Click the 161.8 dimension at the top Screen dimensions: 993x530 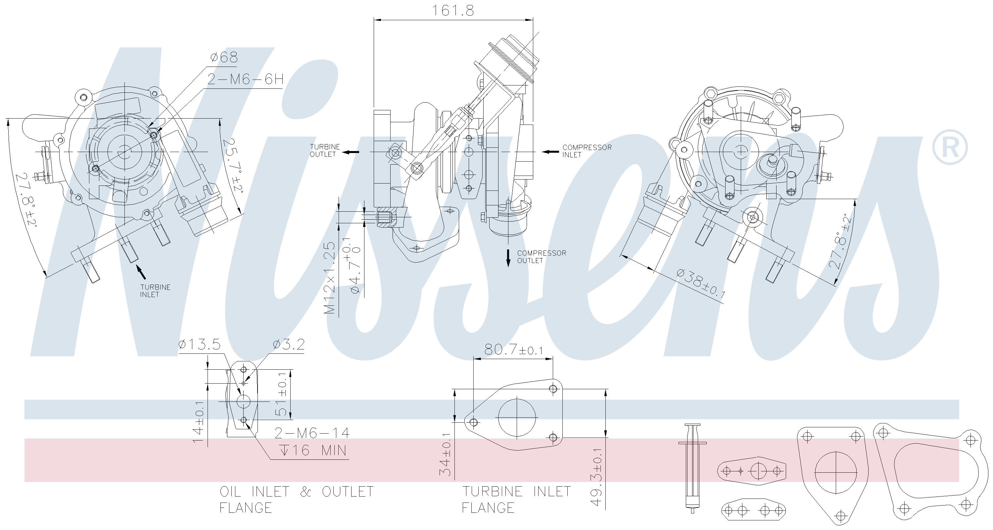[x=452, y=10]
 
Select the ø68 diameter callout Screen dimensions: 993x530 [x=224, y=58]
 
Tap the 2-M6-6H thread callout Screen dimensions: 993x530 [x=246, y=79]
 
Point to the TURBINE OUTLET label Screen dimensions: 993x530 [x=325, y=150]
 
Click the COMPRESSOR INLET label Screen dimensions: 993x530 [x=587, y=151]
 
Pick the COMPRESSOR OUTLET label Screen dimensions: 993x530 [x=542, y=256]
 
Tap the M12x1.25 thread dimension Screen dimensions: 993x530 [x=330, y=278]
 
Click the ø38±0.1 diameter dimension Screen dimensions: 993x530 [x=701, y=284]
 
